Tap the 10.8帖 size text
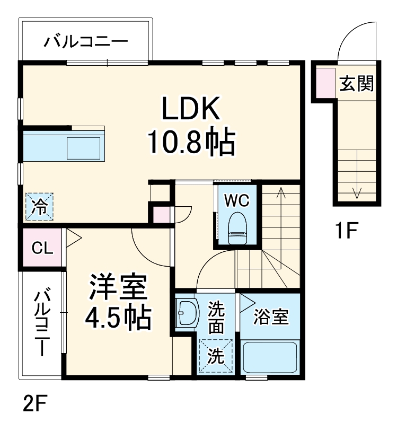pos(191,142)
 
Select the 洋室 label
pos(117,287)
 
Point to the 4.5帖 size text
pos(118,318)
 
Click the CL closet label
pos(42,248)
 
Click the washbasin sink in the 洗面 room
pos(187,314)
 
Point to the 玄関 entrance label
pos(356,83)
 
